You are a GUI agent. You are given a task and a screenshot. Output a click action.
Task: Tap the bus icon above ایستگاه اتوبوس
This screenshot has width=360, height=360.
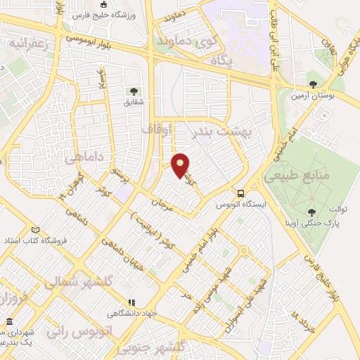click(241, 193)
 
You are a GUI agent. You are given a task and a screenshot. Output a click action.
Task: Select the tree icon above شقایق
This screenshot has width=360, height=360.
click(132, 91)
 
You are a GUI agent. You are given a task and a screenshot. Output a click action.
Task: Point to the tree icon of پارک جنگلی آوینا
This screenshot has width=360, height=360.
click(311, 211)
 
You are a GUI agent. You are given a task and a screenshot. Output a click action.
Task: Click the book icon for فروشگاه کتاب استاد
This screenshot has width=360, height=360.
click(35, 230)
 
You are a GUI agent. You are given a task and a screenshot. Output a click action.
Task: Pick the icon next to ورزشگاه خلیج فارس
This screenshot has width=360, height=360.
click(104, 6)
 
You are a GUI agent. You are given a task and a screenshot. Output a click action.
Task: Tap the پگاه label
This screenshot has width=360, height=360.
click(221, 61)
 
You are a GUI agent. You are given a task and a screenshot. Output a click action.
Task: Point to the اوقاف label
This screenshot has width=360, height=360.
click(156, 130)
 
